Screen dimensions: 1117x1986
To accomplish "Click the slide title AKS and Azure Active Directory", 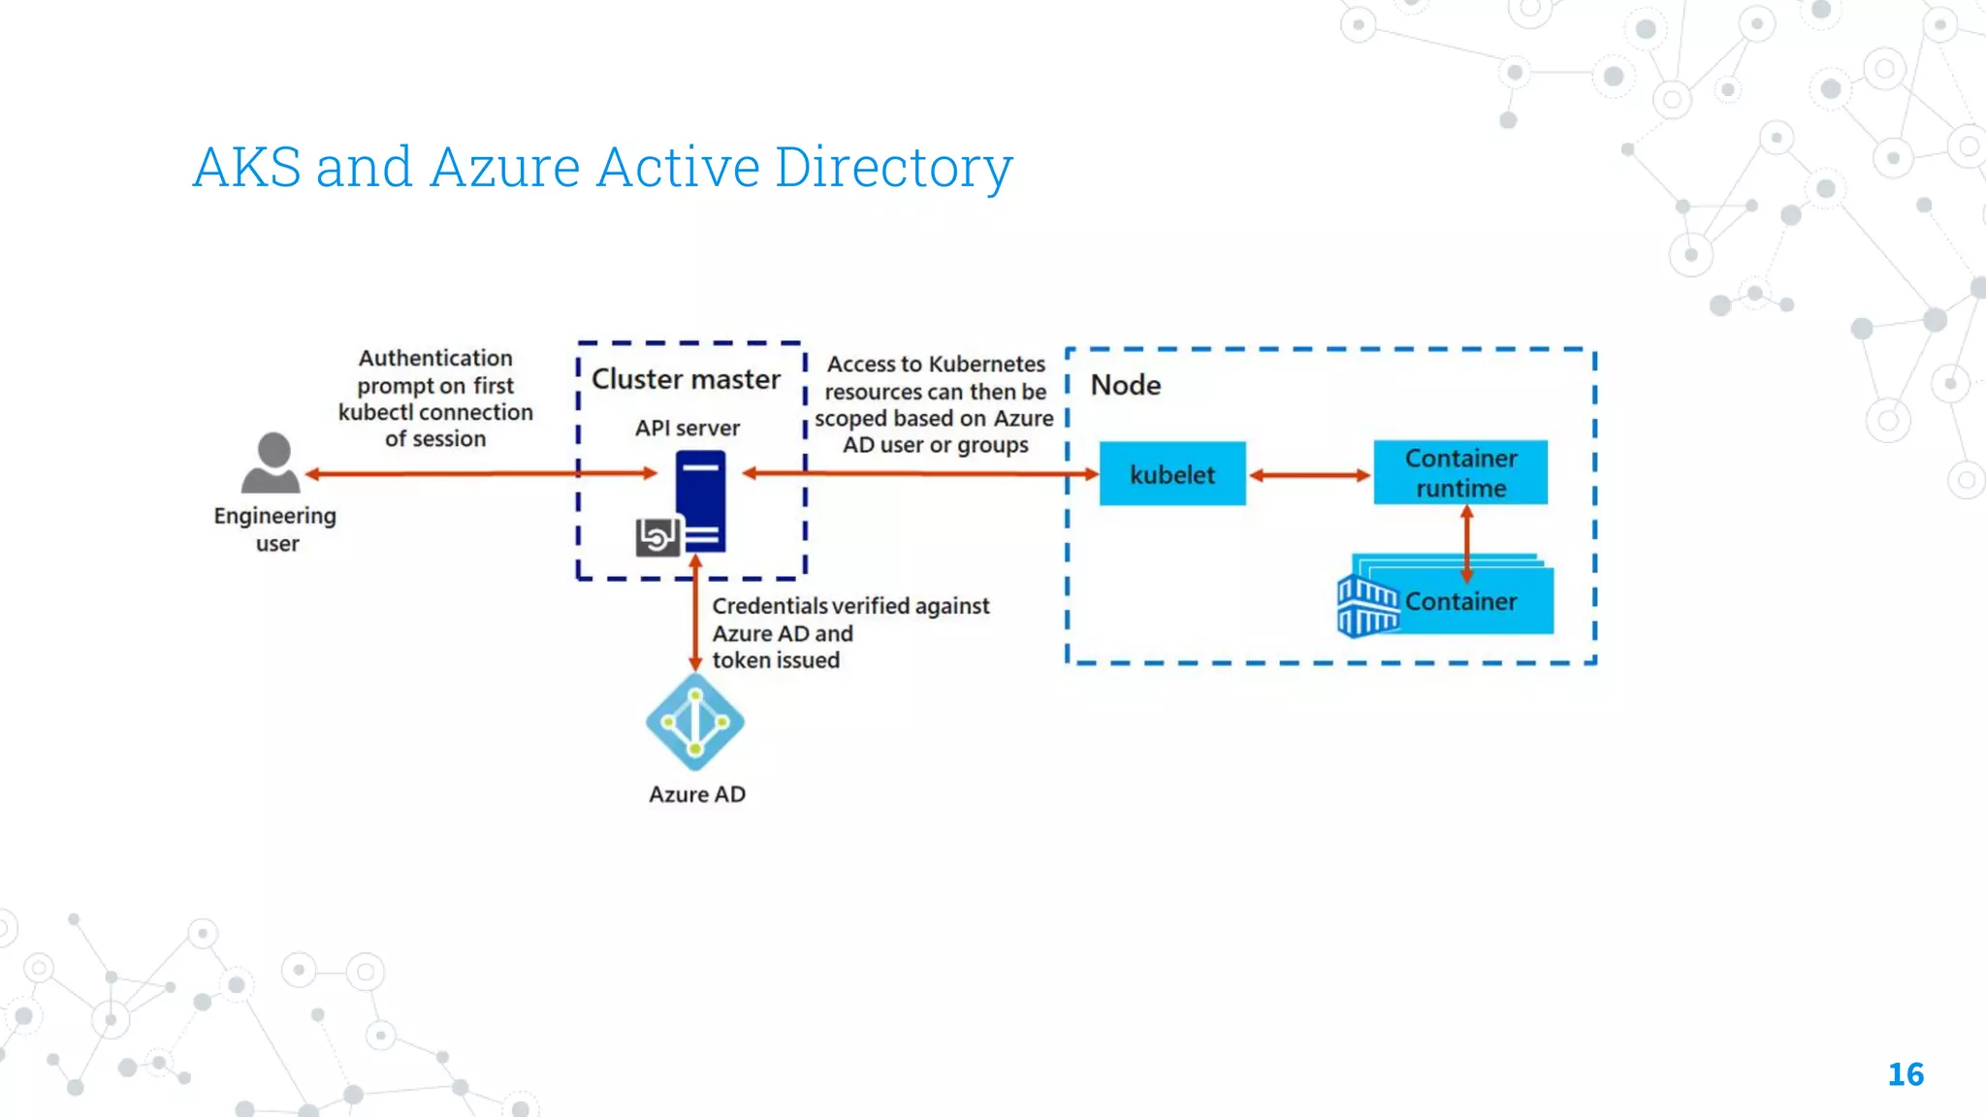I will pos(602,167).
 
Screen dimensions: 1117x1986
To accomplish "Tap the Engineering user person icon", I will pos(272,463).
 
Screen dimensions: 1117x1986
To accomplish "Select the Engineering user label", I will pos(275,529).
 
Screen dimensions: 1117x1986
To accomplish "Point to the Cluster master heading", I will pos(686,379).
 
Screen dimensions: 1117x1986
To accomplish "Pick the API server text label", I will pos(687,428).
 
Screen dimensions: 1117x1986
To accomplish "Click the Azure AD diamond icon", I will pos(695,722).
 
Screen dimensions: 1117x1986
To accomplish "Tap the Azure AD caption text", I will pos(696,794).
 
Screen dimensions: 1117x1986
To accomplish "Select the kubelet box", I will pos(1171,474).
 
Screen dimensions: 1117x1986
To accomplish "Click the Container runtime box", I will pos(1460,473).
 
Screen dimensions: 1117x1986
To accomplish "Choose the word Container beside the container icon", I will pos(1460,602).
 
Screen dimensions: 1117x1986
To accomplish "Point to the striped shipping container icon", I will pos(1367,607).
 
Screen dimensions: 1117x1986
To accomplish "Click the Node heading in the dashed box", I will pos(1125,385).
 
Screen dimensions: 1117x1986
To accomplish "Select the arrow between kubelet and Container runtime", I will pos(1309,475).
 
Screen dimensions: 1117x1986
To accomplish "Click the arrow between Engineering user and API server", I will pos(481,474).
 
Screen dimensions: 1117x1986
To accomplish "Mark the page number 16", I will pos(1905,1074).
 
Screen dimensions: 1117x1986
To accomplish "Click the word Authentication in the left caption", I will pos(435,358).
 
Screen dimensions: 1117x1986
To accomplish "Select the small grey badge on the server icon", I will pos(657,536).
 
